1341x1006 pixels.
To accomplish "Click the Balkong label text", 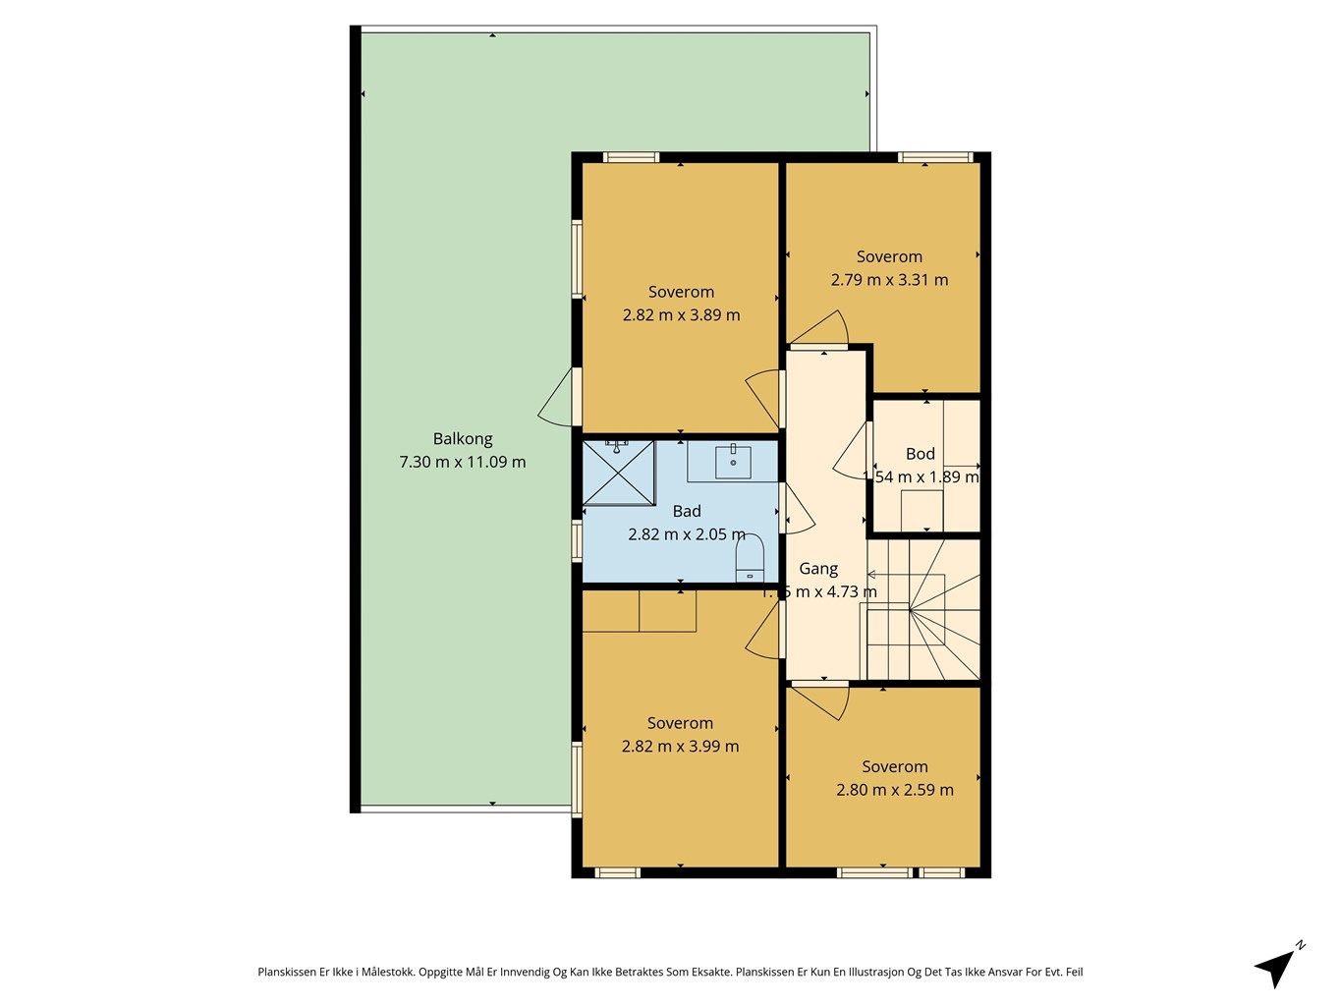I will click(x=463, y=439).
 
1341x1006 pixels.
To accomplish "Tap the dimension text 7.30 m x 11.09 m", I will click(x=463, y=462).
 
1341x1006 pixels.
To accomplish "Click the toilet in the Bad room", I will click(x=750, y=560).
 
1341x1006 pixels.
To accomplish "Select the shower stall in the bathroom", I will click(x=618, y=473).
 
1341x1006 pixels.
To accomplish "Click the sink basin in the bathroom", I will click(x=733, y=461).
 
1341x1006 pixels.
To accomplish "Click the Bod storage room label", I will click(x=921, y=454).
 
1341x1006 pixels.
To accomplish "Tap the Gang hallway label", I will click(x=818, y=569).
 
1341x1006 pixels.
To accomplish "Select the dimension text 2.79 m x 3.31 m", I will click(x=889, y=280).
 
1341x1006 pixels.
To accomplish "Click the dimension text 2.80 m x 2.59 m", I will click(x=895, y=790).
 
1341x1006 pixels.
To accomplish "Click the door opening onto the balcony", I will click(x=557, y=399).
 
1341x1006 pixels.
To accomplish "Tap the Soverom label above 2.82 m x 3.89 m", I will click(x=681, y=292).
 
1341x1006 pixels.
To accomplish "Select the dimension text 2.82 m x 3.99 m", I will click(x=680, y=747).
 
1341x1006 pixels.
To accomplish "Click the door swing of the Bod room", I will click(x=851, y=455).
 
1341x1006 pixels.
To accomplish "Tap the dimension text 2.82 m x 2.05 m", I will click(x=687, y=534).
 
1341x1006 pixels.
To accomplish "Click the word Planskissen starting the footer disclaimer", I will click(x=287, y=972).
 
